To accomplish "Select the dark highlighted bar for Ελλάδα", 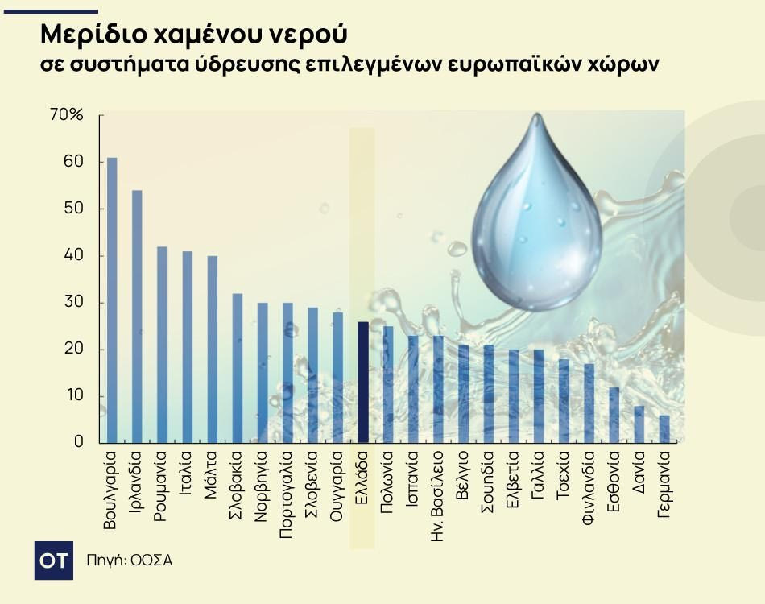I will [363, 382].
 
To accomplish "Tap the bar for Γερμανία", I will [664, 428].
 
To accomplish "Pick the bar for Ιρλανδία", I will [137, 316].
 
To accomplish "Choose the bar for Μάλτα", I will [213, 349].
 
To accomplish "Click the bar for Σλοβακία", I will [238, 367].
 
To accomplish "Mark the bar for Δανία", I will [639, 424].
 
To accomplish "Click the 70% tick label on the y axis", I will [67, 115].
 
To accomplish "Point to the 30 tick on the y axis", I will [73, 303].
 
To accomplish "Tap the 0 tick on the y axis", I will [79, 442].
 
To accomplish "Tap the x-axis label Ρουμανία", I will [162, 491].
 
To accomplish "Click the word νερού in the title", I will [306, 35].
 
